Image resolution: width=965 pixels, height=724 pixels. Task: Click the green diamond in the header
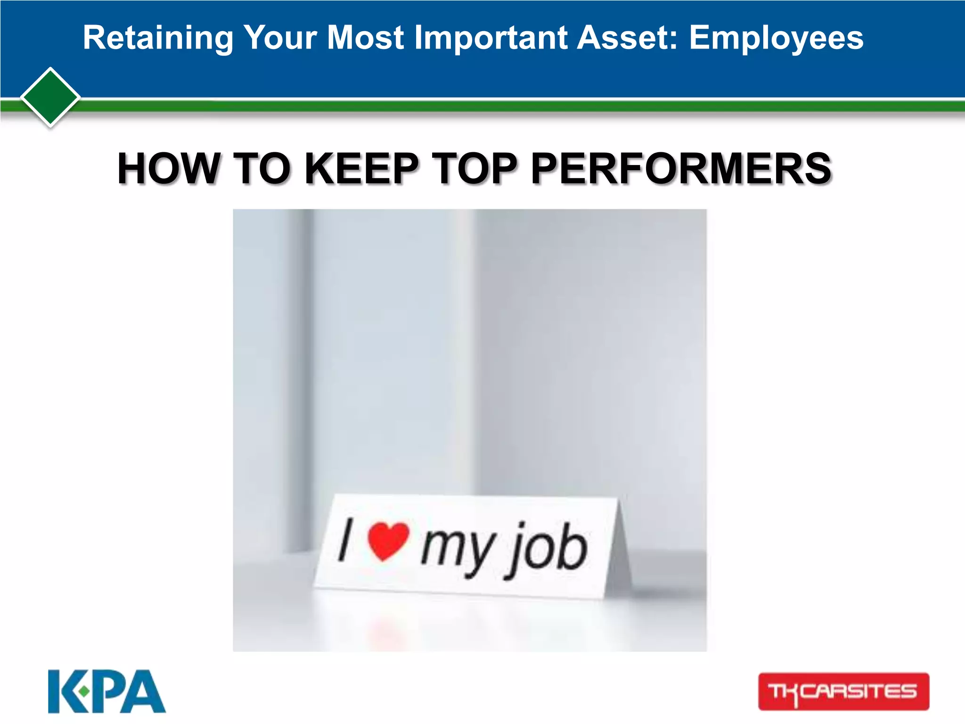(50, 97)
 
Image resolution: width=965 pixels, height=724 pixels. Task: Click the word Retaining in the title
(158, 38)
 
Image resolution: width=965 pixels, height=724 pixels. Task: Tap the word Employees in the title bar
(776, 38)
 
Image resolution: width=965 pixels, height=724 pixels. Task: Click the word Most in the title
(365, 38)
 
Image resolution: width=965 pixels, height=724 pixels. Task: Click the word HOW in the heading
(169, 168)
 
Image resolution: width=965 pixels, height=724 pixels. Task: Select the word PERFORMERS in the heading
(681, 168)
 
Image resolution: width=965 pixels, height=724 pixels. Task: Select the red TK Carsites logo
(843, 691)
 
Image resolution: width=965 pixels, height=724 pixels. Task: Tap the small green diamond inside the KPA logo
(84, 691)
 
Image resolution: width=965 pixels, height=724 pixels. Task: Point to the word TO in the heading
(262, 168)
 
